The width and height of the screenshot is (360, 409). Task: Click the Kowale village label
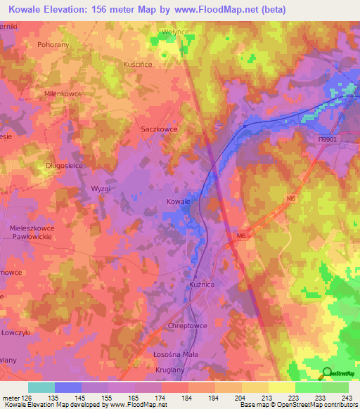179,202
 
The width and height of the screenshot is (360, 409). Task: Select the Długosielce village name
46,167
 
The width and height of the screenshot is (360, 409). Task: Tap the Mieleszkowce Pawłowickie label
32,233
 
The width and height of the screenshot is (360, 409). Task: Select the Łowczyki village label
14,332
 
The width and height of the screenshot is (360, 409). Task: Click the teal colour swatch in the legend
41,387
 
